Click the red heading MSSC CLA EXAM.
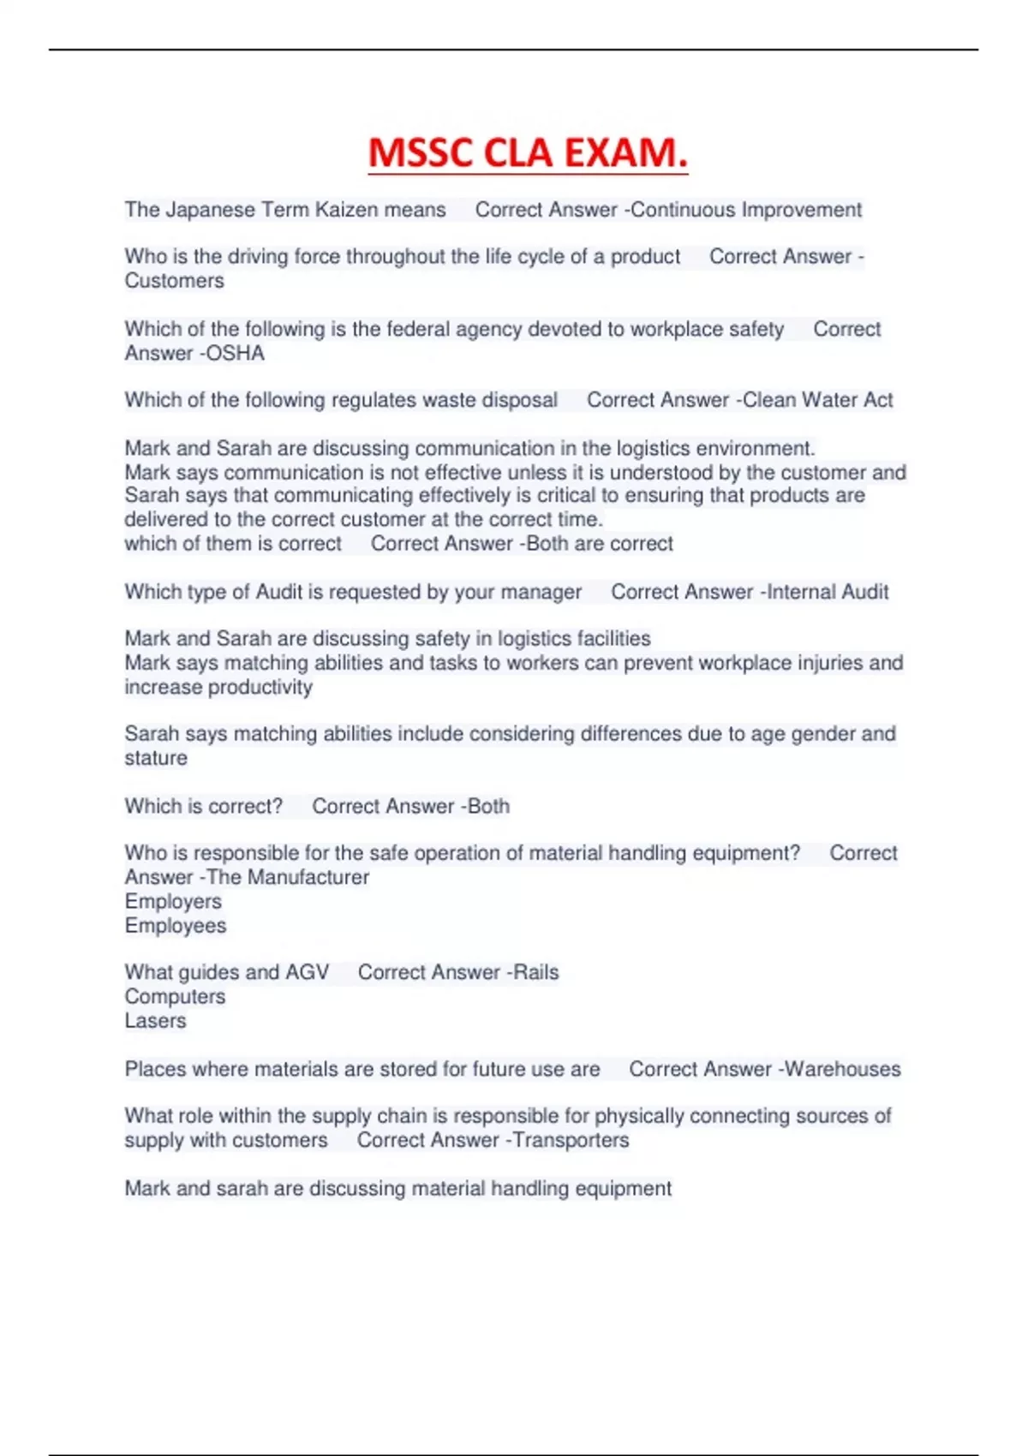pos(528,153)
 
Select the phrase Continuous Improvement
pos(746,210)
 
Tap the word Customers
pos(174,281)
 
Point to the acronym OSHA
pos(236,353)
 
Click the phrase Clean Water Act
pos(817,400)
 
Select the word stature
pos(156,758)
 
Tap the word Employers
pos(173,901)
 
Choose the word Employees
pos(176,926)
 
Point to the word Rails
pos(535,972)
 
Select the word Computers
pos(175,997)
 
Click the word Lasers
pos(155,1021)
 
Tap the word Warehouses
pos(843,1069)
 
